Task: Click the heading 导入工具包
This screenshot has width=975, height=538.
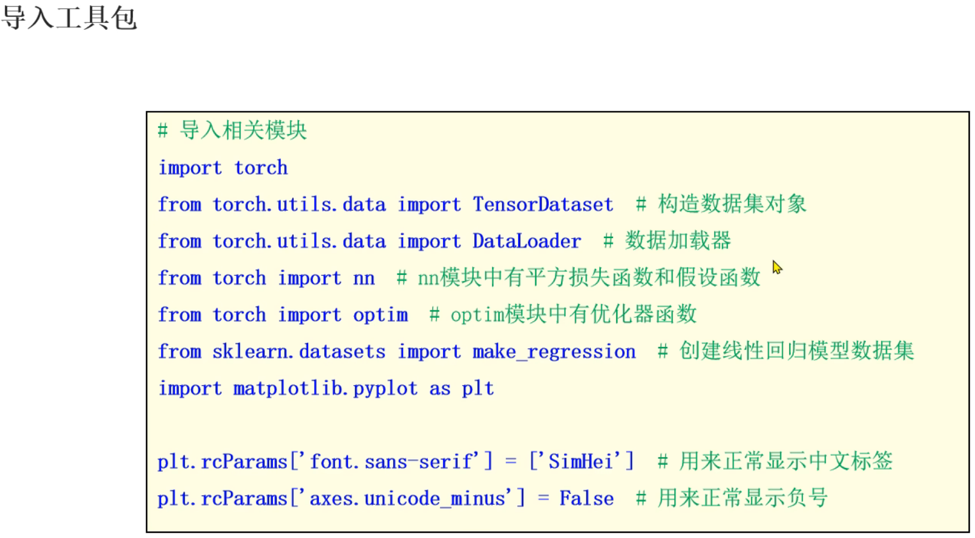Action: (69, 17)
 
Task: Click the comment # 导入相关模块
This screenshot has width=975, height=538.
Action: (233, 130)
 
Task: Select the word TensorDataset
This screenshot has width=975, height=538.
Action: (543, 204)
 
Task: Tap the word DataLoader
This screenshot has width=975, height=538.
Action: (527, 241)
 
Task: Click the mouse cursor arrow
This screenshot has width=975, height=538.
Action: (777, 267)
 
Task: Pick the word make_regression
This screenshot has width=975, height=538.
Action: (554, 351)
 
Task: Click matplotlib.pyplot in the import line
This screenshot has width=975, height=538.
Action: (325, 388)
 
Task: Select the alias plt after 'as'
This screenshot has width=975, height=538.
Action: (478, 388)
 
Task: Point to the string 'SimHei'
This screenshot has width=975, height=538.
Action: (581, 461)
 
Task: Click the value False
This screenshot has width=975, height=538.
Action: (586, 498)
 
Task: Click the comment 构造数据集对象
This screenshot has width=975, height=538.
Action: (732, 204)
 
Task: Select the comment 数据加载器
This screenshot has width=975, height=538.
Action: (678, 241)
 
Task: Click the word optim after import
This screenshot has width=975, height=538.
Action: (380, 314)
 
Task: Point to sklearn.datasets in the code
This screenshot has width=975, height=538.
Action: (298, 351)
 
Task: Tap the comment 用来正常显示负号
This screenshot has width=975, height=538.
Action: (742, 498)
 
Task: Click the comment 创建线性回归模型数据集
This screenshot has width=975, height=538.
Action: (796, 351)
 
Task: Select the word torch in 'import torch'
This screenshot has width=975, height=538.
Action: (260, 167)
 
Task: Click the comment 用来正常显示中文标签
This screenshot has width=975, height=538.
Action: (785, 461)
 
